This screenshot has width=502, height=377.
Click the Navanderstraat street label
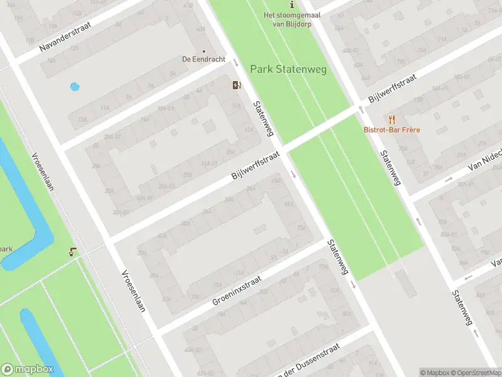pos(65,37)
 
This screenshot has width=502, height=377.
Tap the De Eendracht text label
pos(195,59)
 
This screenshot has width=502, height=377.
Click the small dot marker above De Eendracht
pos(203,52)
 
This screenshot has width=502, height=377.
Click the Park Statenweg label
pos(288,69)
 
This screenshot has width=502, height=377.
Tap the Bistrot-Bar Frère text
pos(392,130)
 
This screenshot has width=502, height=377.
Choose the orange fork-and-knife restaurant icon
pos(392,119)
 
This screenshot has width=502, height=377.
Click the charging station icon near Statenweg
pos(237,85)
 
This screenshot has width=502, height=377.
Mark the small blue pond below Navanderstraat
pos(75,87)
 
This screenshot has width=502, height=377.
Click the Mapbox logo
pos(27,369)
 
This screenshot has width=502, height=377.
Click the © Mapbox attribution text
pos(435,373)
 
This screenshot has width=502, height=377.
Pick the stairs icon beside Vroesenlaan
pos(74,252)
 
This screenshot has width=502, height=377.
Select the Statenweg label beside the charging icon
pos(264,119)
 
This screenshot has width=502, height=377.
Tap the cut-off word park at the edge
pos(6,249)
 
